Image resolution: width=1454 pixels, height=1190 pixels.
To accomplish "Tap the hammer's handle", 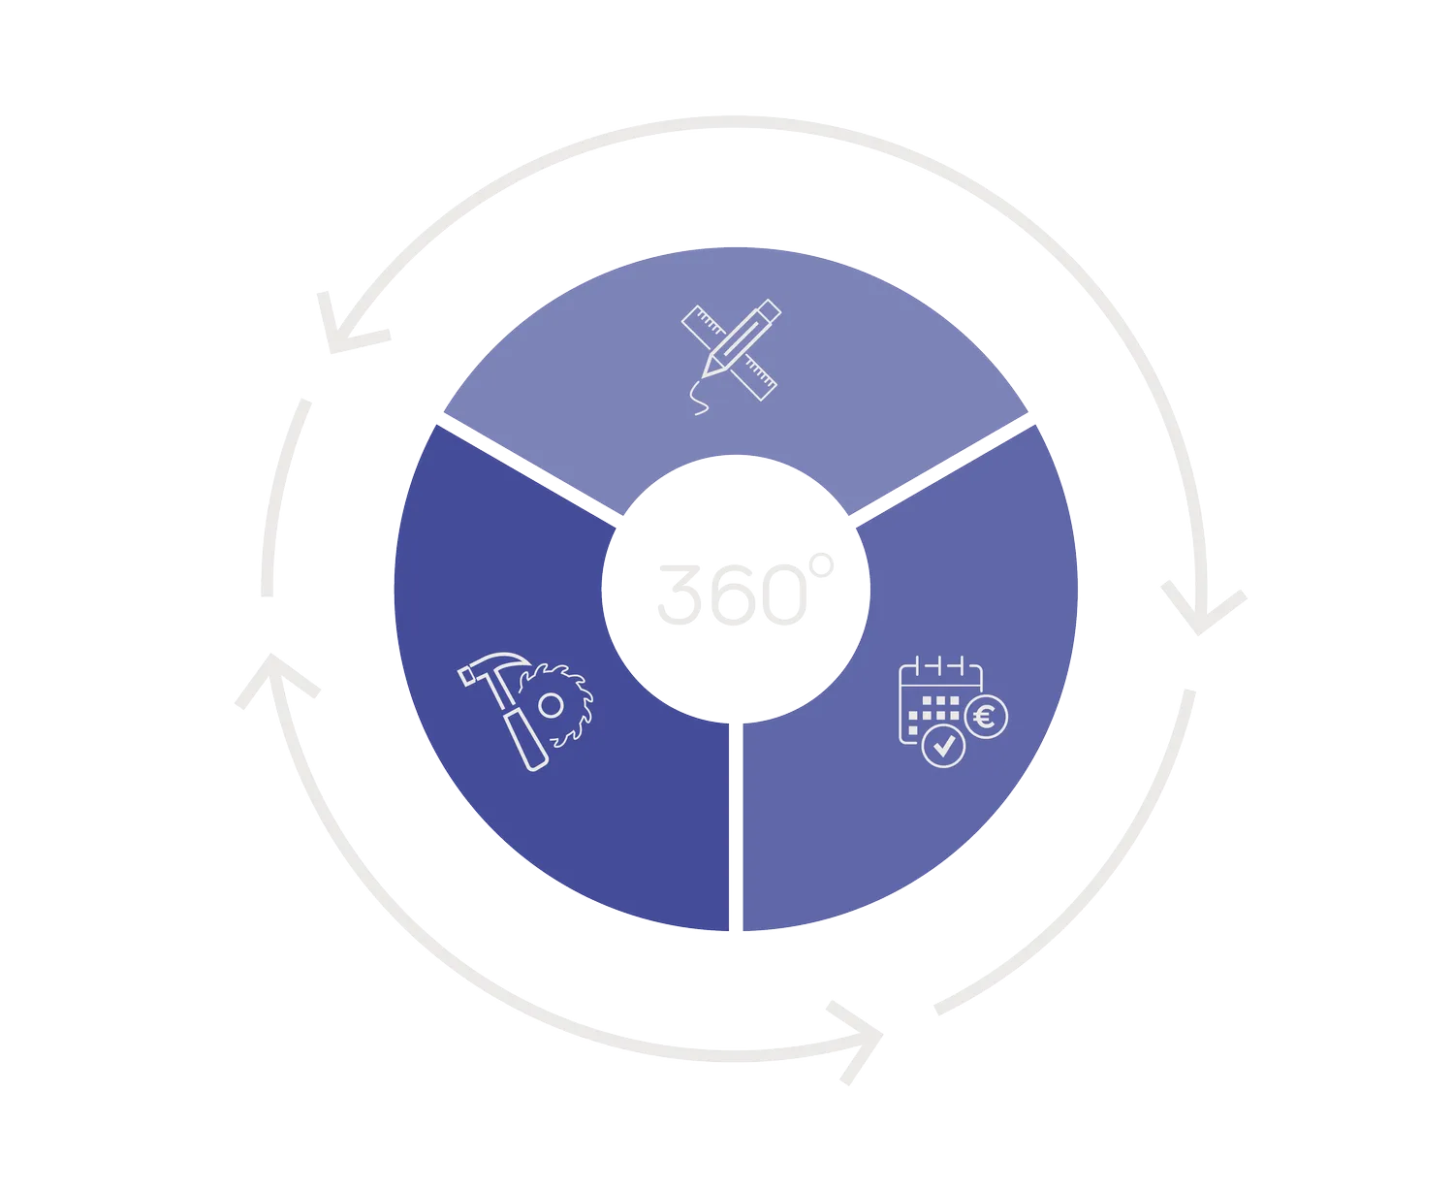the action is [523, 732].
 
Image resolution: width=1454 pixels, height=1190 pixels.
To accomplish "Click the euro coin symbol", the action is [986, 719].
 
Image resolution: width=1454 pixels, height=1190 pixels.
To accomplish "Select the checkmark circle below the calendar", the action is [942, 746].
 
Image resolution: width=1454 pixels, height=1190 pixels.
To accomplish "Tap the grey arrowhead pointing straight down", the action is [1202, 615].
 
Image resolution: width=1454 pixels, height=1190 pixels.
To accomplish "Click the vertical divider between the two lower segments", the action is [735, 824].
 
